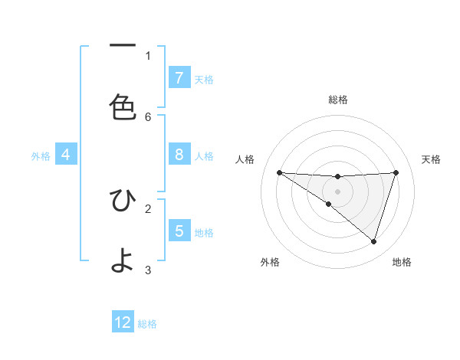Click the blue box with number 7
tap(179, 77)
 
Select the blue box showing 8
tap(179, 154)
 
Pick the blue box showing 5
tap(179, 230)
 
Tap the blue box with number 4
tap(66, 154)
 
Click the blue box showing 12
tap(123, 322)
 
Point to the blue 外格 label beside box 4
tap(41, 155)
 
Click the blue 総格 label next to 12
tap(147, 324)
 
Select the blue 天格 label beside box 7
tap(204, 79)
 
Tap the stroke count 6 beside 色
tap(148, 116)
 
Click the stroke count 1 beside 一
tap(148, 55)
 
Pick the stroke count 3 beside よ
tap(148, 270)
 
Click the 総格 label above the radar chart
tap(338, 100)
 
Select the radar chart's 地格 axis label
tap(402, 262)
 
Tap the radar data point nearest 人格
tap(279, 172)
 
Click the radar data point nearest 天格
tap(396, 172)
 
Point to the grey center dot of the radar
tap(337, 191)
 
